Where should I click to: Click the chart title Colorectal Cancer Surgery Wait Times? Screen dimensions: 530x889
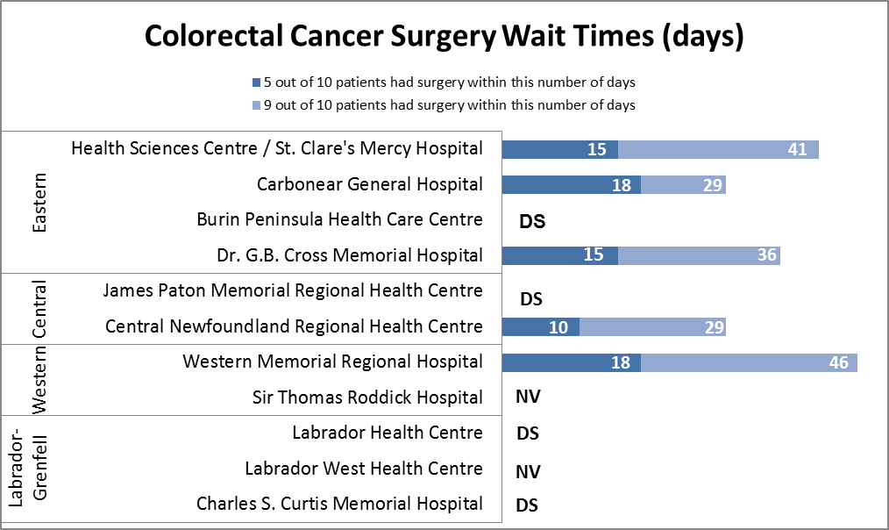click(444, 37)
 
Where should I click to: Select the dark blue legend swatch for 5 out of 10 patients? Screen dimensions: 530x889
click(256, 82)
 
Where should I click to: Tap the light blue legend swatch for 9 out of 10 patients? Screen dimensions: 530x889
click(256, 105)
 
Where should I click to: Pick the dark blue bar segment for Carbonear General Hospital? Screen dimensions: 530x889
click(571, 185)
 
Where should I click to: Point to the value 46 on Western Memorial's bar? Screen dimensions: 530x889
click(837, 362)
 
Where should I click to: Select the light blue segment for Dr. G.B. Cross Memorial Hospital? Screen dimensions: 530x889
click(699, 255)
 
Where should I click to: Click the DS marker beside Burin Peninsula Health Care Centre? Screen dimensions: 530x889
click(532, 221)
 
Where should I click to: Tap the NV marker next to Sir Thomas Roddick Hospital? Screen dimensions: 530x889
click(528, 397)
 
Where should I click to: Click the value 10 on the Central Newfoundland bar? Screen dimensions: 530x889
click(558, 327)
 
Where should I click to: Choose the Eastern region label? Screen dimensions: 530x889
click(39, 202)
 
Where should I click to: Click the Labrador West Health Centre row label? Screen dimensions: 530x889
click(363, 469)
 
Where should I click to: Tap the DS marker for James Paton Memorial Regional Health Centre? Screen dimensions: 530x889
click(531, 299)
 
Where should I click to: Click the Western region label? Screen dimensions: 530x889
click(39, 379)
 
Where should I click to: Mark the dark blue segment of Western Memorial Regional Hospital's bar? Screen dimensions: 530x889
click(571, 362)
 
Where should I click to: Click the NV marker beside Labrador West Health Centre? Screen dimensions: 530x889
click(528, 472)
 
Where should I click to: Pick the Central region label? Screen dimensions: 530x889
click(39, 309)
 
